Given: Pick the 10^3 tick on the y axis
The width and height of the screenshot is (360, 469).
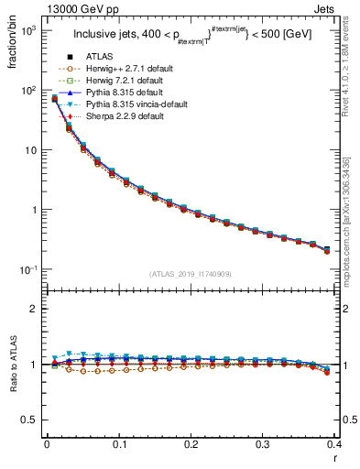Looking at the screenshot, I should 29,30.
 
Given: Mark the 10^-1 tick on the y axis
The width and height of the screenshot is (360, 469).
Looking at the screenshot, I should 29,269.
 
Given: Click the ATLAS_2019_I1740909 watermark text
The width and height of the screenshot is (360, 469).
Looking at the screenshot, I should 191,274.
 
